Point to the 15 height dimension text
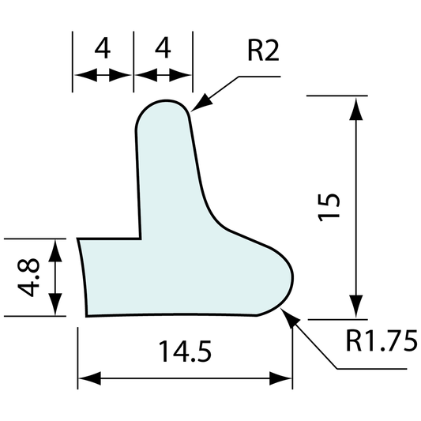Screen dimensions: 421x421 pos(332,207)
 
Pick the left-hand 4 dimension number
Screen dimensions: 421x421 pos(102,51)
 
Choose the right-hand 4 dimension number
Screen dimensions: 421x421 pos(164,51)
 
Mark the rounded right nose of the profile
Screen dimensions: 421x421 pos(294,276)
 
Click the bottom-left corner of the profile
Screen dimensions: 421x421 pos(85,314)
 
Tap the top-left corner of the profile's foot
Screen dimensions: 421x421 pos(77,238)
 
